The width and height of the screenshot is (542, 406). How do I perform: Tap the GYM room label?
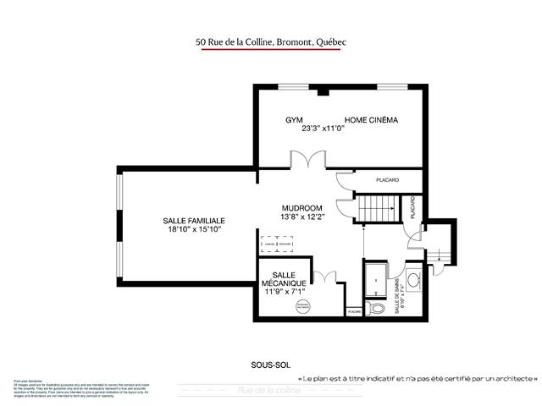click(294, 120)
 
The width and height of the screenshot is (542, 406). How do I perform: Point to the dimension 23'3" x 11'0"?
click(324, 129)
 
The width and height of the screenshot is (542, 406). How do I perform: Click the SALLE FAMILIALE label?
click(194, 220)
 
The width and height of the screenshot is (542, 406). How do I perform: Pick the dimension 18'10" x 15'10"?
click(194, 229)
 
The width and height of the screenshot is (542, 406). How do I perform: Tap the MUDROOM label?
click(302, 208)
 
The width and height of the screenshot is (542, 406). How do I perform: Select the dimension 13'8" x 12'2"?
click(302, 217)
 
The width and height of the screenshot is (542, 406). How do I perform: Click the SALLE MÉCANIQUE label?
click(284, 277)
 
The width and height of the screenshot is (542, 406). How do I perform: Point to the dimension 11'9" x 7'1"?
click(284, 291)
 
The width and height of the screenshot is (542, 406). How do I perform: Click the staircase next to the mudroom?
click(375, 208)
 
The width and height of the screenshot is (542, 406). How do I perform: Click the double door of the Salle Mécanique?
click(324, 277)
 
